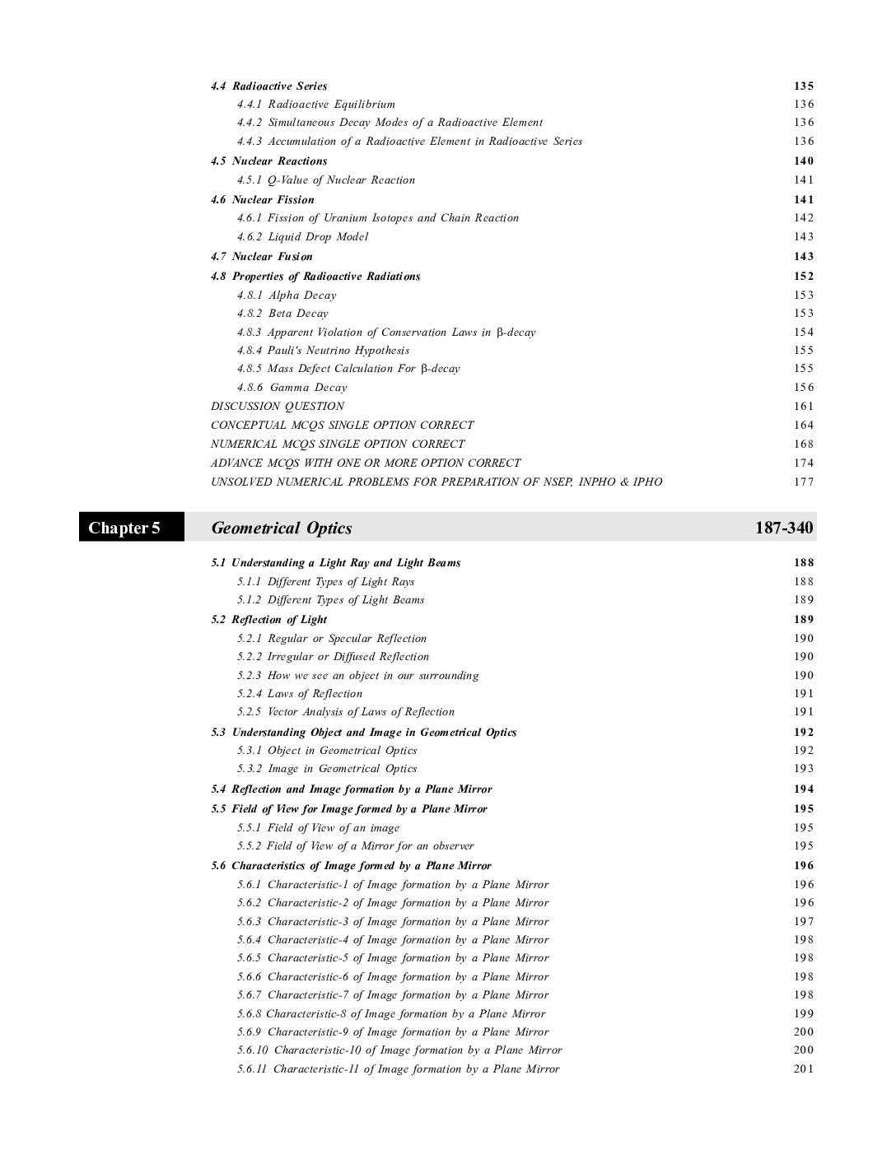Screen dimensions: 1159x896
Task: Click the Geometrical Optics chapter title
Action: (282, 528)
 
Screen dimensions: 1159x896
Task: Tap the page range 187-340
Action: (783, 528)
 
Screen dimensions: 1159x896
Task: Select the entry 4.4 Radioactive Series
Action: (269, 86)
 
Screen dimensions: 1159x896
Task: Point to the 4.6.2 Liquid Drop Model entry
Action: (302, 237)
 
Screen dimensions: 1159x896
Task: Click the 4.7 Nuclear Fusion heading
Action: (262, 257)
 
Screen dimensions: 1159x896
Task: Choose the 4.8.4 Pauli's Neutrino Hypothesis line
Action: (323, 351)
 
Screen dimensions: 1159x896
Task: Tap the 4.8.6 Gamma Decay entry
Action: (292, 388)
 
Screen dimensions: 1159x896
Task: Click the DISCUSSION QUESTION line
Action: (278, 406)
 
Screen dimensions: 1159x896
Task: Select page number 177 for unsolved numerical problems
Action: (804, 482)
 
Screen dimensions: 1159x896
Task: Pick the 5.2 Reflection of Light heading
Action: (269, 620)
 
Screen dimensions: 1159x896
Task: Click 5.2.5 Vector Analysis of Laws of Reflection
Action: (346, 712)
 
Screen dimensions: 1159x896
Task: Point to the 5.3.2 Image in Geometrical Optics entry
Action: (327, 769)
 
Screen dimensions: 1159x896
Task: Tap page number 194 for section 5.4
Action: (804, 789)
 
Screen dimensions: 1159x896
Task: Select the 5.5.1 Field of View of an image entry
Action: (318, 828)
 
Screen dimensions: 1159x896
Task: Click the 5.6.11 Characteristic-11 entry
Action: (398, 1069)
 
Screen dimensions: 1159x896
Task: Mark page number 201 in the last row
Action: (804, 1069)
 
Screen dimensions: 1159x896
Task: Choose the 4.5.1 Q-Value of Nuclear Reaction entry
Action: (326, 180)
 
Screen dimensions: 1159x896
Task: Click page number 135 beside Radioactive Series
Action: (804, 86)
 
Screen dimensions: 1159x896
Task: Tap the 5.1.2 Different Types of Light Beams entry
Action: (330, 600)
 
